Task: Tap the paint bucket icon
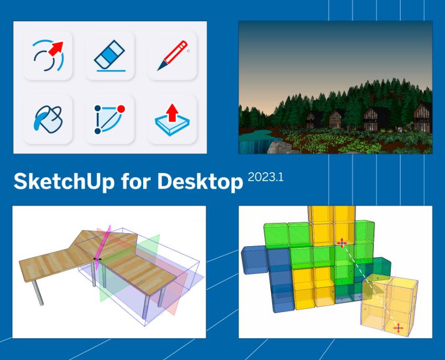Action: (48, 119)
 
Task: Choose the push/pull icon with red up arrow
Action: (172, 119)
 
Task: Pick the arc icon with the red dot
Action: (110, 119)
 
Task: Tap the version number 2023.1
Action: (265, 177)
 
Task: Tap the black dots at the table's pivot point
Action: (97, 259)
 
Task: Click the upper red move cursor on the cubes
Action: (341, 242)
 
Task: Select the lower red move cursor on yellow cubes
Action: (399, 328)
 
